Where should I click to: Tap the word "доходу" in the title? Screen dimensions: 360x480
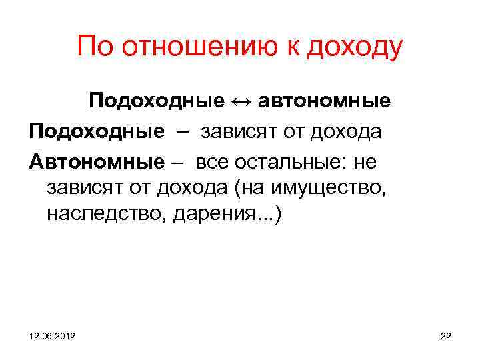pyautogui.click(x=353, y=48)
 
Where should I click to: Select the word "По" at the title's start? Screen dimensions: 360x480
pyautogui.click(x=95, y=47)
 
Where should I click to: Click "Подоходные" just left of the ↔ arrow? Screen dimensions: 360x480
pyautogui.click(x=157, y=103)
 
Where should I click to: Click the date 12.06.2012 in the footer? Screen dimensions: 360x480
pyautogui.click(x=52, y=337)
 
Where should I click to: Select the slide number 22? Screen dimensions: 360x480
pyautogui.click(x=445, y=337)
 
